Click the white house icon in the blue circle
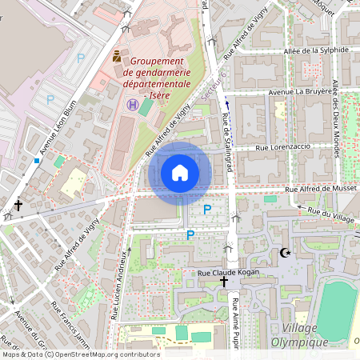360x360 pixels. pos(180,173)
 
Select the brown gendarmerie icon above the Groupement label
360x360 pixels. pos(118,57)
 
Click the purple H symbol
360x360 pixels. pos(132,105)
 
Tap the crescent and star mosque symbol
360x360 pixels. pos(284,254)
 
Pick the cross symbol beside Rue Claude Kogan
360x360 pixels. pos(224,282)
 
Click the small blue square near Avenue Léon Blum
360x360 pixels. pos(36,160)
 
